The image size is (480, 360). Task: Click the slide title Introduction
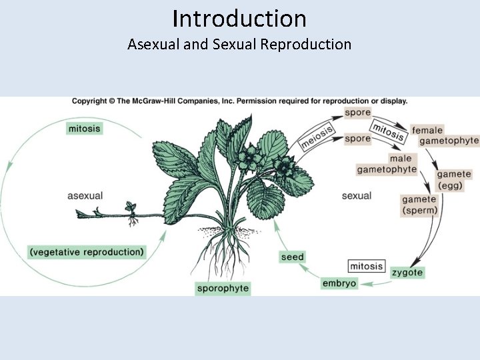(x=239, y=18)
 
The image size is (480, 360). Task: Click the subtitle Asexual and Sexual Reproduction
(x=239, y=45)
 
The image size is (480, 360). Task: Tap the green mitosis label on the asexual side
(x=85, y=127)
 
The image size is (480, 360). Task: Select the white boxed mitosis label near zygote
(x=366, y=266)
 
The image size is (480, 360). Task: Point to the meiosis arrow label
(x=315, y=139)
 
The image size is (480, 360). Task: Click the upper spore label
(x=358, y=113)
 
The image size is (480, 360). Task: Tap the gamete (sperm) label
(x=420, y=205)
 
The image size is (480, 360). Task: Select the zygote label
(x=407, y=273)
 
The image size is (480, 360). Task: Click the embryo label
(x=339, y=283)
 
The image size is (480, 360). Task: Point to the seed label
(x=292, y=257)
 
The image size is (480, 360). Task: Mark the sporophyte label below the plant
(x=223, y=289)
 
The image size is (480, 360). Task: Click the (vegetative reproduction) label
(x=87, y=252)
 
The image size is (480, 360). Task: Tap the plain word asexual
(x=85, y=196)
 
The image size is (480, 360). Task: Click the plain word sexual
(x=356, y=196)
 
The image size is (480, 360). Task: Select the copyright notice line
(x=240, y=101)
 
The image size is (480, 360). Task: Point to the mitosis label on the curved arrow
(x=387, y=131)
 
